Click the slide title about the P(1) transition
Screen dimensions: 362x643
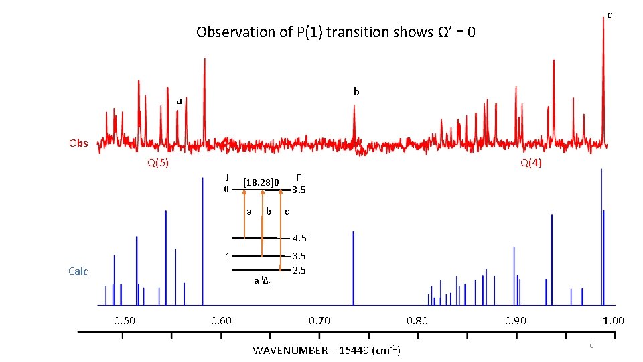point(336,32)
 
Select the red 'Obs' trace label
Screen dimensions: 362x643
point(78,143)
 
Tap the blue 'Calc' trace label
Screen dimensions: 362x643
point(78,271)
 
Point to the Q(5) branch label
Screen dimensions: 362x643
point(157,163)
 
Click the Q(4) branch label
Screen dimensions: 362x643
point(531,163)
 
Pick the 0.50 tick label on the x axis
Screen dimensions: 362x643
point(124,320)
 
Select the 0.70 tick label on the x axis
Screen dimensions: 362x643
point(319,320)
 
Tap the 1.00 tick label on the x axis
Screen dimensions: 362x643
point(613,320)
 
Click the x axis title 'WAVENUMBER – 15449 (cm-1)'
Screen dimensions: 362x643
point(326,350)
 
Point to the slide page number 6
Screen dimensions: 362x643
point(591,345)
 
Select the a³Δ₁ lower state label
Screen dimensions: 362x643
point(263,280)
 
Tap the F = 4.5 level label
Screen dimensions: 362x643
point(299,238)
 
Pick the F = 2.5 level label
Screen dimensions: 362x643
point(299,269)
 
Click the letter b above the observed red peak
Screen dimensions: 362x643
point(356,91)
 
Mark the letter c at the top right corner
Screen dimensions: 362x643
point(610,15)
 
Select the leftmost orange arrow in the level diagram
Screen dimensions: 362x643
point(244,214)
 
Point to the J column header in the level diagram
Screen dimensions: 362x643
point(228,178)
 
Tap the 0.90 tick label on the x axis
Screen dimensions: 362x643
point(515,320)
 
